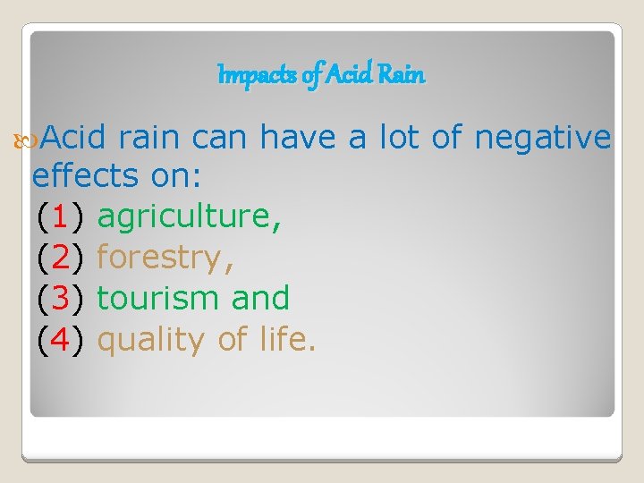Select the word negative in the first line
click(543, 138)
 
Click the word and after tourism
click(260, 298)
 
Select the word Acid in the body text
click(73, 138)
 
